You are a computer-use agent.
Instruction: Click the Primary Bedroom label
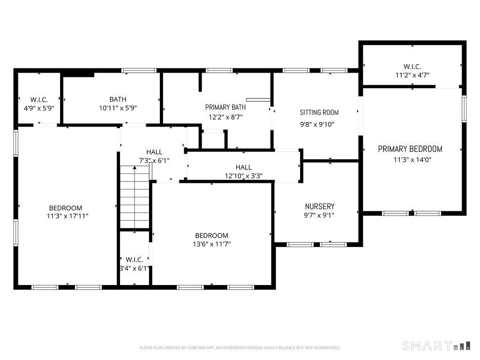pyautogui.click(x=410, y=149)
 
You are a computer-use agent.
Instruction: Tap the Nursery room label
pyautogui.click(x=320, y=206)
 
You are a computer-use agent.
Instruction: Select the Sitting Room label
pyautogui.click(x=319, y=112)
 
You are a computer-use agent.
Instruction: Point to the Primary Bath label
pyautogui.click(x=225, y=107)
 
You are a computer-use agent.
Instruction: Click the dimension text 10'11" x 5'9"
pyautogui.click(x=118, y=108)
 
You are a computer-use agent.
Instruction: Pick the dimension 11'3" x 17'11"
pyautogui.click(x=67, y=216)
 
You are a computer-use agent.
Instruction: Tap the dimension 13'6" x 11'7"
pyautogui.click(x=211, y=244)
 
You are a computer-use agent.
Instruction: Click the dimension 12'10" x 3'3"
pyautogui.click(x=244, y=176)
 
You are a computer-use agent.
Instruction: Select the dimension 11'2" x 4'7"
pyautogui.click(x=412, y=75)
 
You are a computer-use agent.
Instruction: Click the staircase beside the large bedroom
pyautogui.click(x=135, y=197)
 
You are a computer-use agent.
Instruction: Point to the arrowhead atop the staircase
pyautogui.click(x=135, y=167)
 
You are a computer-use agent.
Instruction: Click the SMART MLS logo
pyautogui.click(x=436, y=345)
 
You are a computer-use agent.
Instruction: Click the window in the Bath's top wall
pyautogui.click(x=139, y=71)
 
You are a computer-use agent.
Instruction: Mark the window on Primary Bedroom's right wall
pyautogui.click(x=464, y=109)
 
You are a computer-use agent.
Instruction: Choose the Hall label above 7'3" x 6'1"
pyautogui.click(x=154, y=152)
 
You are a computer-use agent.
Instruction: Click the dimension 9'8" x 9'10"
pyautogui.click(x=317, y=125)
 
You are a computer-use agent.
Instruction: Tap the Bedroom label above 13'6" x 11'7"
pyautogui.click(x=211, y=235)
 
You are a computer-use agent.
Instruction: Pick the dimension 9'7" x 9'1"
pyautogui.click(x=319, y=215)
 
